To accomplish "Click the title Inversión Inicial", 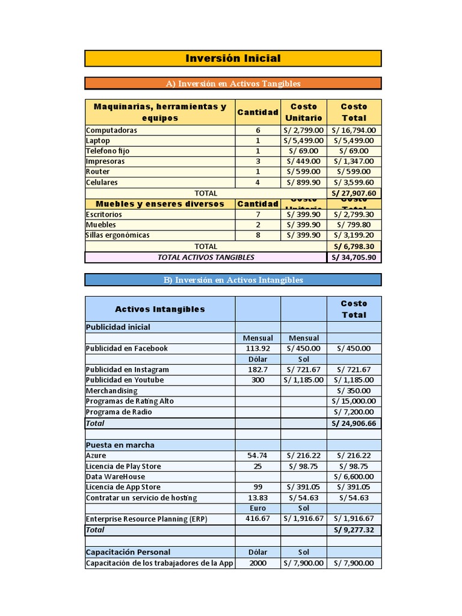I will point(233,58).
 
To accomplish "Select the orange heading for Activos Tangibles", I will point(233,84).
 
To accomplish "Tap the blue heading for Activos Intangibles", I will point(233,280).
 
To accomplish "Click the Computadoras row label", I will point(112,130).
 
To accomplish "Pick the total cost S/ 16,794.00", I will point(354,130).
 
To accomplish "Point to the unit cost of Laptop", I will point(304,140).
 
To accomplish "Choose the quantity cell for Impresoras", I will point(257,161).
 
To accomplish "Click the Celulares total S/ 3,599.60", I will point(354,182).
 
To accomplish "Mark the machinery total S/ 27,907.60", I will point(354,193).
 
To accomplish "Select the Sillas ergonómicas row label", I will point(118,235).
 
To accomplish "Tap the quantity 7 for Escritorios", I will point(257,214).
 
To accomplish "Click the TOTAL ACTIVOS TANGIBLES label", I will point(206,257).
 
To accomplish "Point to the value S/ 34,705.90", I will point(354,257).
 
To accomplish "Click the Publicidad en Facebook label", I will point(127,348).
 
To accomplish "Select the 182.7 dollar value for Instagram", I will point(257,369).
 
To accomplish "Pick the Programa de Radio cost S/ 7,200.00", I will point(354,412).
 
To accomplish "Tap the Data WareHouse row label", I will point(115,476).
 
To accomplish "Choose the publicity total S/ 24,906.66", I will point(354,423).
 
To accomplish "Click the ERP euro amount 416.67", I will point(257,519).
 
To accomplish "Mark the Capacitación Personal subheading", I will point(128,552).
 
